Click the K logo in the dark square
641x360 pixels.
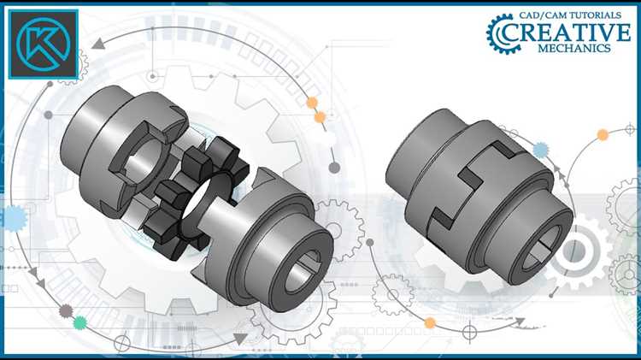tap(44, 44)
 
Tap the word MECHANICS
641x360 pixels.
tap(574, 48)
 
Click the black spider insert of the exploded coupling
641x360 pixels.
tap(197, 198)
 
